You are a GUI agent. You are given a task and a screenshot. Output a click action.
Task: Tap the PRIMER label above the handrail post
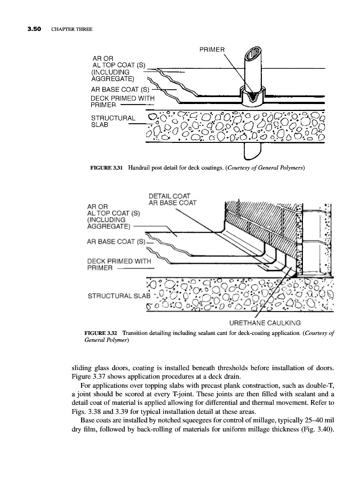pyautogui.click(x=212, y=50)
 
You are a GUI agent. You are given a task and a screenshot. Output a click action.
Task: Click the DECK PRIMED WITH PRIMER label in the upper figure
pyautogui.click(x=123, y=101)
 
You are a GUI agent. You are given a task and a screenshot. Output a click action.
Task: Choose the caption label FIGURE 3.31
pyautogui.click(x=107, y=168)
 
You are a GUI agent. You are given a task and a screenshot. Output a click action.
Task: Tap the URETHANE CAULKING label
pyautogui.click(x=265, y=323)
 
